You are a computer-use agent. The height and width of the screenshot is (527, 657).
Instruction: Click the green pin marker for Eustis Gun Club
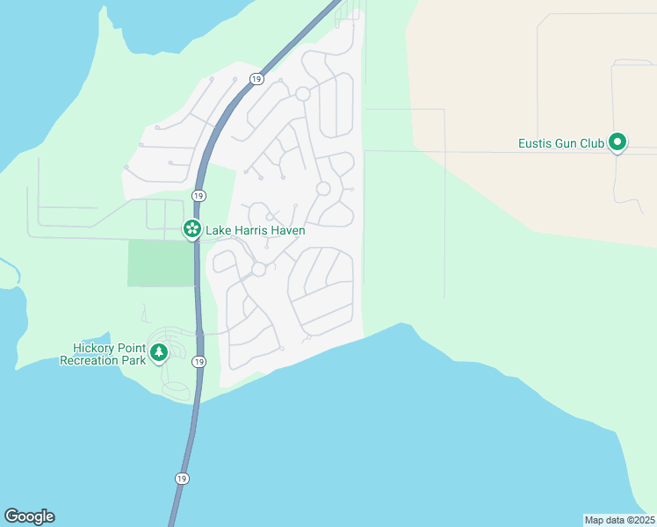(x=617, y=141)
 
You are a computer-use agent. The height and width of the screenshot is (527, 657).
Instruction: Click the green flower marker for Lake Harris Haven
(x=191, y=229)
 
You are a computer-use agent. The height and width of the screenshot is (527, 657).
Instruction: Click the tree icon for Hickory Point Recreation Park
(x=159, y=353)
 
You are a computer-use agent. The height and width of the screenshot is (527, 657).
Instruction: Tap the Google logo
(x=29, y=516)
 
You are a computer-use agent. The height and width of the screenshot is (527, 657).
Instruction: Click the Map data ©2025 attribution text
(x=619, y=519)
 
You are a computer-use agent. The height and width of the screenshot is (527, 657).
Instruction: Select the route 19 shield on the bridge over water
(x=181, y=479)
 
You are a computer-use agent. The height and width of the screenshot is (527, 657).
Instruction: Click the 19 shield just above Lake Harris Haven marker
(x=199, y=195)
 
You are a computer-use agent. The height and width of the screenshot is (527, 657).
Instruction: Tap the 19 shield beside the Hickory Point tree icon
(x=199, y=362)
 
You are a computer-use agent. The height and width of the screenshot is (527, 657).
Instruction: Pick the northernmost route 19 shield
(x=256, y=78)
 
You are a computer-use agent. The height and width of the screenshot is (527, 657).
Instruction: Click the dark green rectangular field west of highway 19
(x=161, y=263)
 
